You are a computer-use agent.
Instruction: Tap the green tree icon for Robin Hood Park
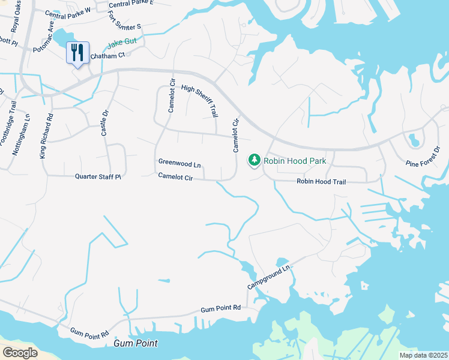tap(254, 160)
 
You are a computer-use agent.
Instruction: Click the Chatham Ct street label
tap(107, 56)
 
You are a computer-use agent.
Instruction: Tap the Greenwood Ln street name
tap(179, 163)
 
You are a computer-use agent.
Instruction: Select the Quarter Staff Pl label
tap(98, 177)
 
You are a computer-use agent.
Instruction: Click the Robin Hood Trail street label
tap(321, 181)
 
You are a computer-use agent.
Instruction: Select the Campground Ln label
tap(270, 277)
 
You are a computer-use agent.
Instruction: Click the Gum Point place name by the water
tap(136, 344)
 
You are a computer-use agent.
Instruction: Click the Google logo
tap(20, 353)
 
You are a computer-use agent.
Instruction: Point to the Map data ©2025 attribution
tap(423, 355)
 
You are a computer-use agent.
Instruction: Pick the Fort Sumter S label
tap(125, 23)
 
